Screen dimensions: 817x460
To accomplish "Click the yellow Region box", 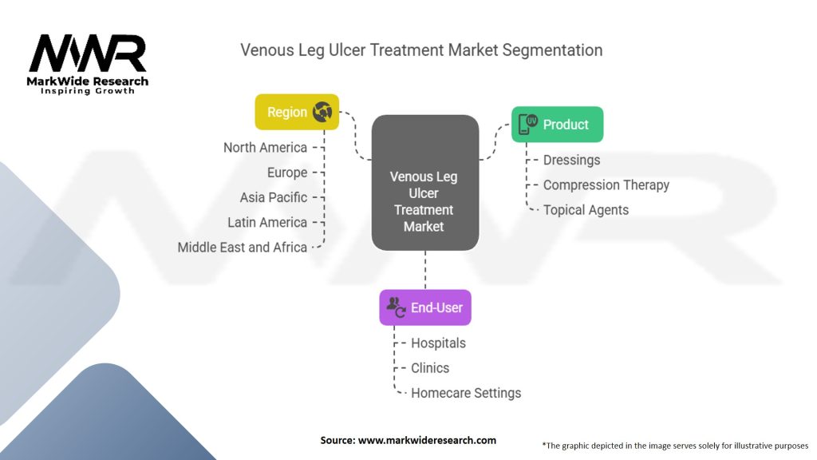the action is point(297,112).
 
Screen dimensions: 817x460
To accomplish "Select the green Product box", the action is point(557,125).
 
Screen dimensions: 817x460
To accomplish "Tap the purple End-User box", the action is point(425,307).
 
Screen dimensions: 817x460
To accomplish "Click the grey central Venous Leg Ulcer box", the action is point(425,183).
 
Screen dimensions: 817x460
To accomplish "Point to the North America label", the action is point(265,148).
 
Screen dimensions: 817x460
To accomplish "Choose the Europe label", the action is point(287,172).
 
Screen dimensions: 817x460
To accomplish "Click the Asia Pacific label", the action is point(274,198).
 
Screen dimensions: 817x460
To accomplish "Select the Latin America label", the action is point(267,223).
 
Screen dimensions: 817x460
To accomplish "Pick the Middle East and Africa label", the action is point(243,248).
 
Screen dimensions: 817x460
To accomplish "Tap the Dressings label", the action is point(571,160).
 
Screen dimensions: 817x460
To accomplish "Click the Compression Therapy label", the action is point(606,185).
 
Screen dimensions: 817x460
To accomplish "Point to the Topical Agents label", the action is point(586,210).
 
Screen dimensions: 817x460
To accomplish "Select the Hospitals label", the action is point(438,343).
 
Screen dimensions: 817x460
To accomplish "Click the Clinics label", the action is point(430,368).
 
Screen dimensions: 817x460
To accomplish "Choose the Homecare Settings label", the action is point(466,393).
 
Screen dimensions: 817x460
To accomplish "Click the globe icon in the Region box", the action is point(322,112).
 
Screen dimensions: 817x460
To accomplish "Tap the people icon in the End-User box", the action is point(396,307).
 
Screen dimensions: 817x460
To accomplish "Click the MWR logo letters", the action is point(88,54).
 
